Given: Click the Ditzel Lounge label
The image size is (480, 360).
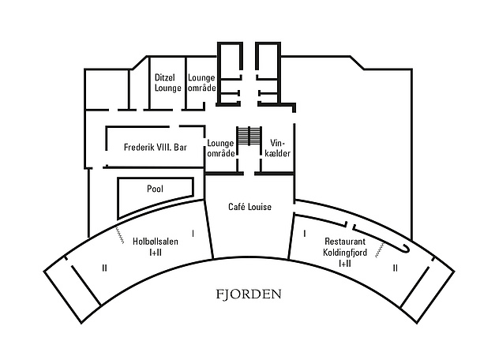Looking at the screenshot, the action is (167, 83).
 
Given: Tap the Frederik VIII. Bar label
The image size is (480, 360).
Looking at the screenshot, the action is (156, 148).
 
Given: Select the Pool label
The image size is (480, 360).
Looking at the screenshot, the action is (155, 189).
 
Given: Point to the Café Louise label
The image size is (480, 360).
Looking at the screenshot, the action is (249, 207).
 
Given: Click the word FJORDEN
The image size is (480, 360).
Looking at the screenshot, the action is (249, 294).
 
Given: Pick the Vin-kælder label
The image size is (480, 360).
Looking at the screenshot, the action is (277, 148).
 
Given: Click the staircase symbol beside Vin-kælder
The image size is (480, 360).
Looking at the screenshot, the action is (249, 136).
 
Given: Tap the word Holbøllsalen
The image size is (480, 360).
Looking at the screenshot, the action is (156, 242).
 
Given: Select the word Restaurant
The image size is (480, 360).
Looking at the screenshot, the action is (345, 242).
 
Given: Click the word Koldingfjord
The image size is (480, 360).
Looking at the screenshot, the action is (345, 253).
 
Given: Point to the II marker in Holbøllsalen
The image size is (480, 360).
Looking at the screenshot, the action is (104, 268).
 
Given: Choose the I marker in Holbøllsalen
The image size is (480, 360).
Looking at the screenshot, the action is (193, 234).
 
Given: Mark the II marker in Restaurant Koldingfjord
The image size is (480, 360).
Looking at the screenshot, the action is (396, 268).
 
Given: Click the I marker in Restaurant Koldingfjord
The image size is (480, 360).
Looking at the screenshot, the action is (304, 234).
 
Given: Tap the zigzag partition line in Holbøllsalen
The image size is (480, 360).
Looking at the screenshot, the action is (119, 235).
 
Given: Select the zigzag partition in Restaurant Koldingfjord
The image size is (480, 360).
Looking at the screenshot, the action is (380, 250).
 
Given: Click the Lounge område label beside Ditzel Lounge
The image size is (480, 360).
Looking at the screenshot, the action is (202, 83).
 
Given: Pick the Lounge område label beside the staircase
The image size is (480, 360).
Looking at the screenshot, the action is (221, 148).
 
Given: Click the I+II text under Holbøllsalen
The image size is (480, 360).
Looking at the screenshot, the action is (156, 253).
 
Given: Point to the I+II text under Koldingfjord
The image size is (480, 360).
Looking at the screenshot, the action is (345, 263).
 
